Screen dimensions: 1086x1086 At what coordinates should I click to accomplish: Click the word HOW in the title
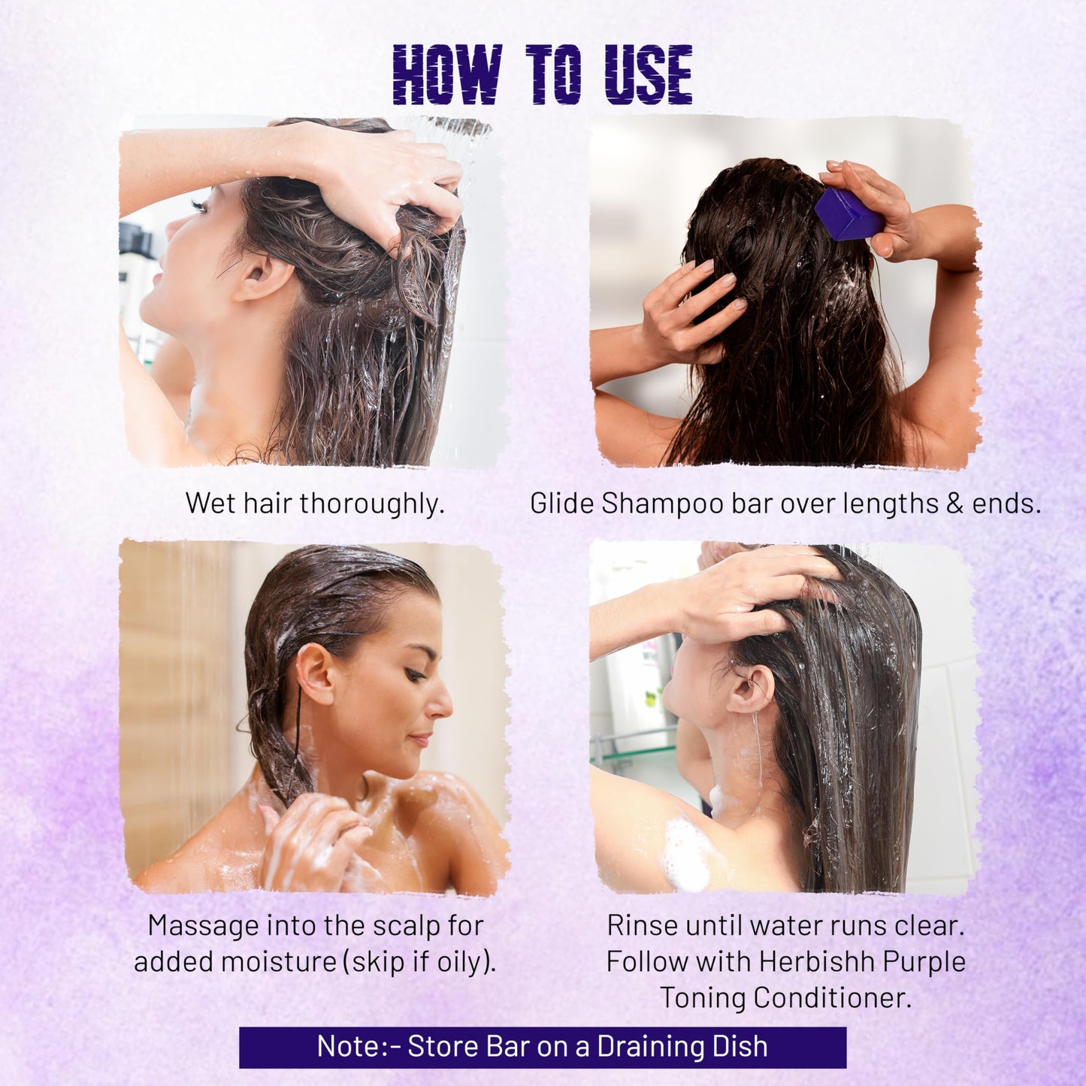pos(446,74)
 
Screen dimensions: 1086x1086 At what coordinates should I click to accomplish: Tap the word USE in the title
pos(649,74)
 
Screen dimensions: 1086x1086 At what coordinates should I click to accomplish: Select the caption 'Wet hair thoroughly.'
pos(315,503)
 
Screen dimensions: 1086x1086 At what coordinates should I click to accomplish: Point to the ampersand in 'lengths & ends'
pos(954,503)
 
